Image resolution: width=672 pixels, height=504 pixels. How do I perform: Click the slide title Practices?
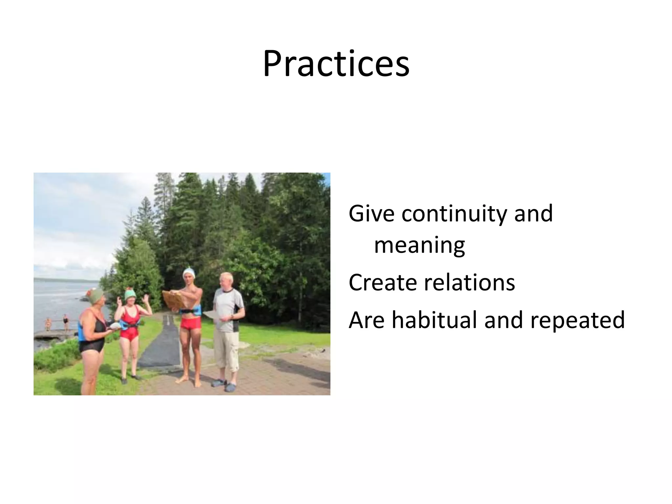336,64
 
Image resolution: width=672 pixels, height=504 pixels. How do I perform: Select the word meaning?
419,245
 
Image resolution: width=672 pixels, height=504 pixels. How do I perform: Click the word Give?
371,214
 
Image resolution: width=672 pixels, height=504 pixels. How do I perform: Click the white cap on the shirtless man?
189,273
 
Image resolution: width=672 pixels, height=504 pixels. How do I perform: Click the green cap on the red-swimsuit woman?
130,293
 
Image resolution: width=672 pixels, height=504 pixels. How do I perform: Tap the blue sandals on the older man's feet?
224,385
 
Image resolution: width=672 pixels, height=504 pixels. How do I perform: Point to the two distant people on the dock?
57,323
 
